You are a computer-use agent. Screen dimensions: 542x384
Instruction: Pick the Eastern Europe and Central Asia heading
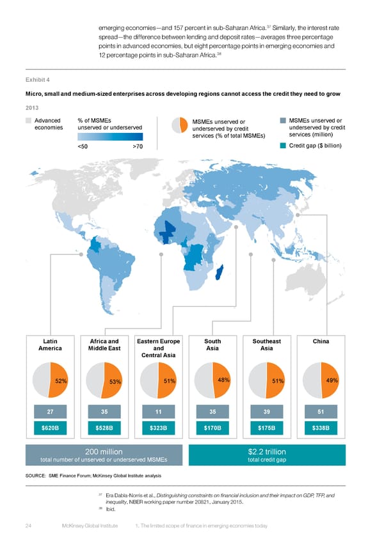coord(159,348)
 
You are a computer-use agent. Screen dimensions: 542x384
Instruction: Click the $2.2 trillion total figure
coord(267,452)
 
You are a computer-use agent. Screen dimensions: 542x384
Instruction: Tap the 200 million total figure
coord(104,452)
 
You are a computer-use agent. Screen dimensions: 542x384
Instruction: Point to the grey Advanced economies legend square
coord(28,120)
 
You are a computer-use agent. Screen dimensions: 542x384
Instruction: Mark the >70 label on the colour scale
coord(138,146)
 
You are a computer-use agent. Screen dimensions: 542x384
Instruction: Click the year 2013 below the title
coord(31,107)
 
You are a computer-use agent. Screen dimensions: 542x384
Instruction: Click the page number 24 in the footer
coord(29,525)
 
